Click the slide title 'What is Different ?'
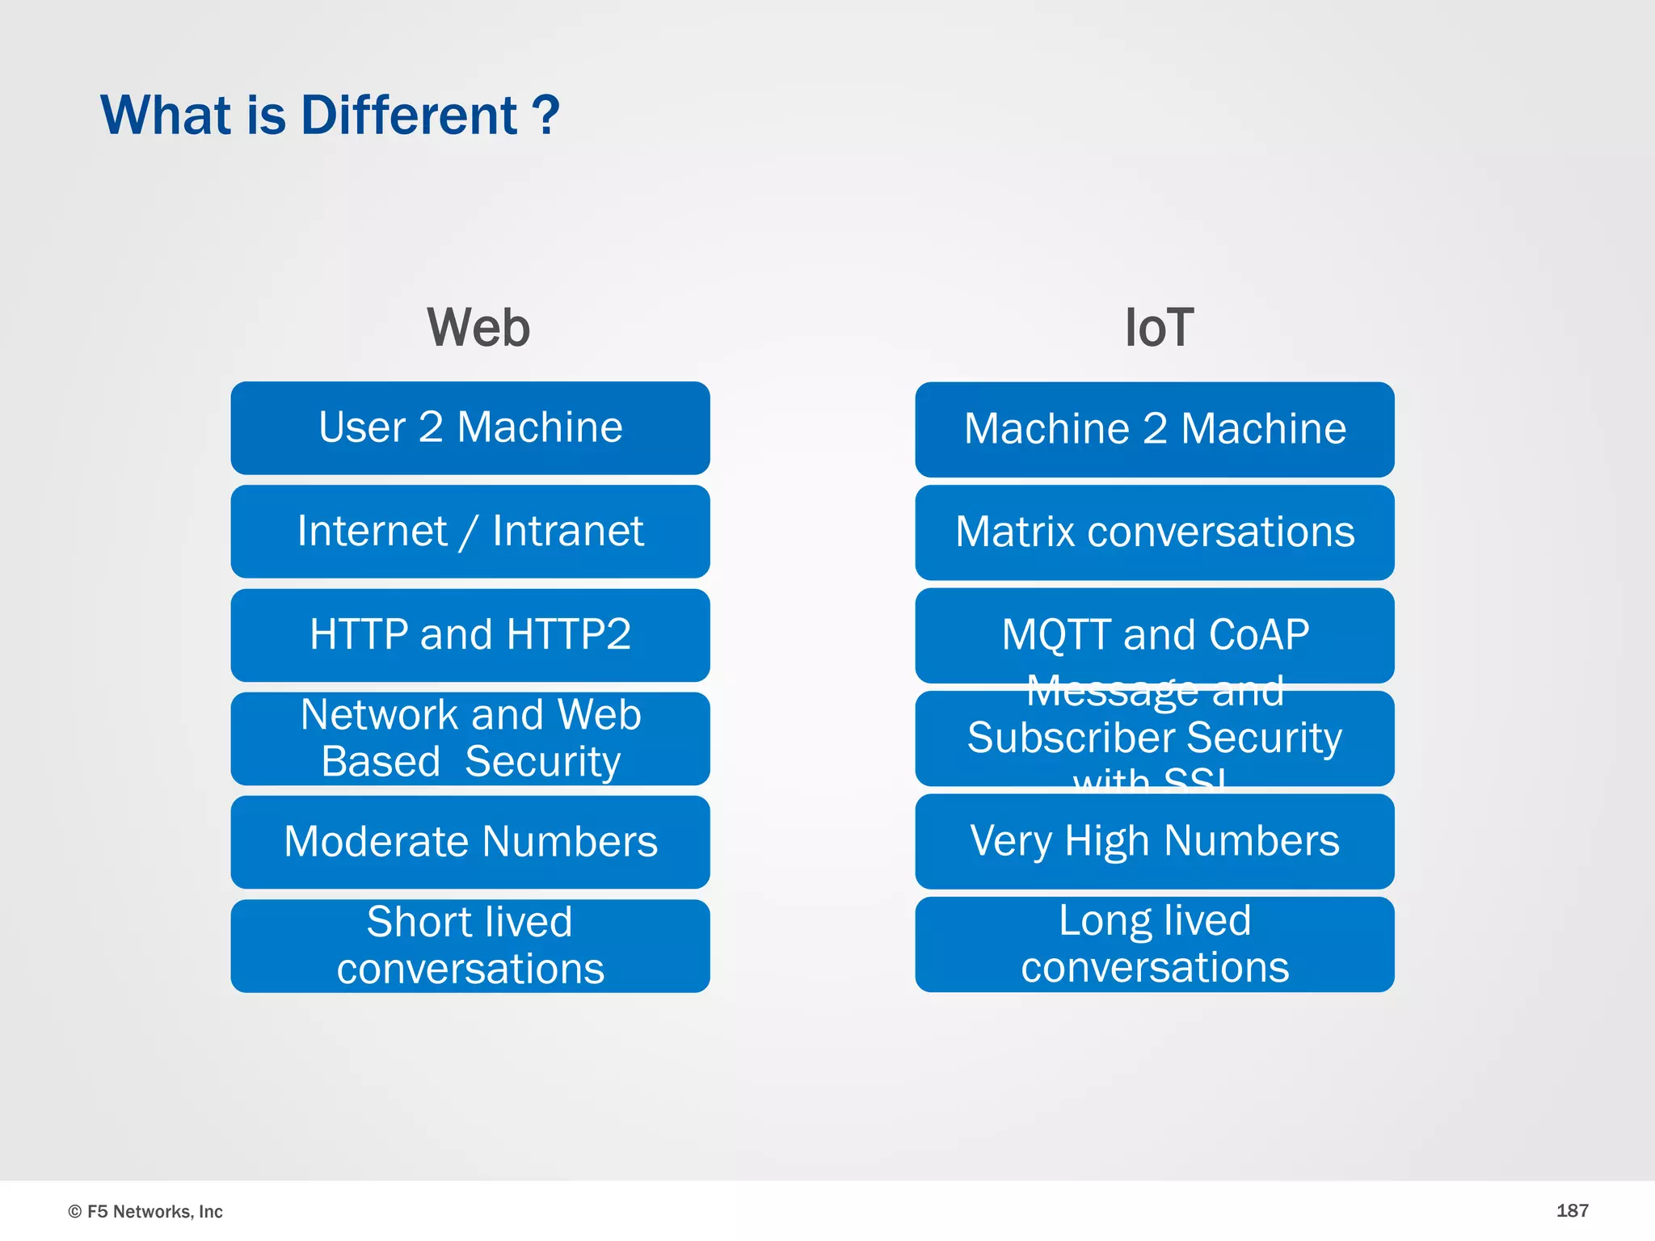click(330, 116)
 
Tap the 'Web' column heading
click(478, 328)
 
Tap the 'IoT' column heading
click(1159, 328)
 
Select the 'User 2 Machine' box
click(470, 427)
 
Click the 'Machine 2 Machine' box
click(1155, 429)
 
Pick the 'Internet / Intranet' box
click(470, 532)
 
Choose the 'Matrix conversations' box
click(1155, 532)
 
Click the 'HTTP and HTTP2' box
click(470, 634)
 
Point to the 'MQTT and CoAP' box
click(1155, 635)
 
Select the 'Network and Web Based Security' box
click(470, 738)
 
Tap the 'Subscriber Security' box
click(1155, 738)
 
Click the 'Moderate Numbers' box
click(470, 842)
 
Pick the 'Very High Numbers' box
click(1155, 841)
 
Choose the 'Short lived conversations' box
click(470, 945)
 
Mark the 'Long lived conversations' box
click(1155, 944)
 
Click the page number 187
click(1572, 1210)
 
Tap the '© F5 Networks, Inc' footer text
click(145, 1211)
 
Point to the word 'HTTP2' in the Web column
click(569, 634)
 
